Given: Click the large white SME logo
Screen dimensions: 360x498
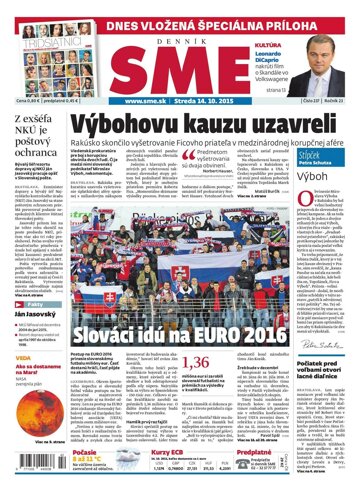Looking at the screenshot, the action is [x=181, y=63].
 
